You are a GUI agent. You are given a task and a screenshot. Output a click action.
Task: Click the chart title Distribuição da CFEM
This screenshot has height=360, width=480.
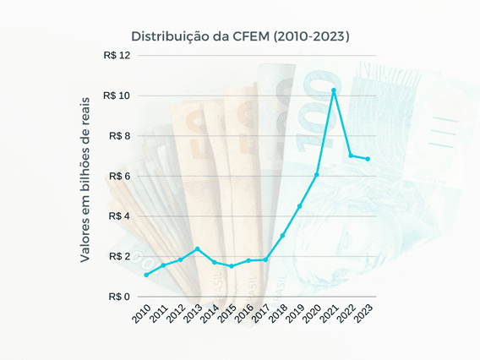coord(240,36)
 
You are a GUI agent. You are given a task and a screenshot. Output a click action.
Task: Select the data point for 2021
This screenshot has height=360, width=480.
coord(334,90)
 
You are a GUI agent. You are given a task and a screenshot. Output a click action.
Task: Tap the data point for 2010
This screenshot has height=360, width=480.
coord(146,275)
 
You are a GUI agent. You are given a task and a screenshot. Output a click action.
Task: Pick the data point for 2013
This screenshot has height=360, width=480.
coord(197,249)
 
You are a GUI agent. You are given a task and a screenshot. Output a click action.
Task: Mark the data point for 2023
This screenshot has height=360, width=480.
coord(368,159)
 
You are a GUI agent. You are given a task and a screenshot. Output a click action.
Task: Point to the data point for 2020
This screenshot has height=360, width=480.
coord(317,175)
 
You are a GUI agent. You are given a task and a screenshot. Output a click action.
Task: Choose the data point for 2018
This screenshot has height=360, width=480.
coord(282,235)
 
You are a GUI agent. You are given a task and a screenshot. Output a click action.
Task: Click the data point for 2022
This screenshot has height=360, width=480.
coord(351,155)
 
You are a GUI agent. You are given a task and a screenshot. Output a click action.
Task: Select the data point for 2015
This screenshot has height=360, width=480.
coord(232,266)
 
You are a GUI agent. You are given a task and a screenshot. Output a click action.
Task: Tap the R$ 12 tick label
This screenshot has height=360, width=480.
coord(117,56)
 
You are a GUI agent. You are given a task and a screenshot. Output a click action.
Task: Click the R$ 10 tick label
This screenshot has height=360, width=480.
coord(117,95)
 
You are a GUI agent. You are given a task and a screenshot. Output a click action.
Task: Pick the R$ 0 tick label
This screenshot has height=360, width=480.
coord(119,297)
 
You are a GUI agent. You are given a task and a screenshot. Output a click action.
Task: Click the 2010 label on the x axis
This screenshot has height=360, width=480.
coord(142,314)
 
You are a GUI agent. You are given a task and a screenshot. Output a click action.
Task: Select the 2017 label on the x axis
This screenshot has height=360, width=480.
coord(261,314)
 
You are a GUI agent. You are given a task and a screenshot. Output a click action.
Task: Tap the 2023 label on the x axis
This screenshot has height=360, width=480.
coord(363,314)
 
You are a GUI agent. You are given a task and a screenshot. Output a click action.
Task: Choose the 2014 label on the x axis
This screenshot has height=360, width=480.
coord(210,314)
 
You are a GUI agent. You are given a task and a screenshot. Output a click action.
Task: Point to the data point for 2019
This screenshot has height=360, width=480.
coord(299,206)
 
